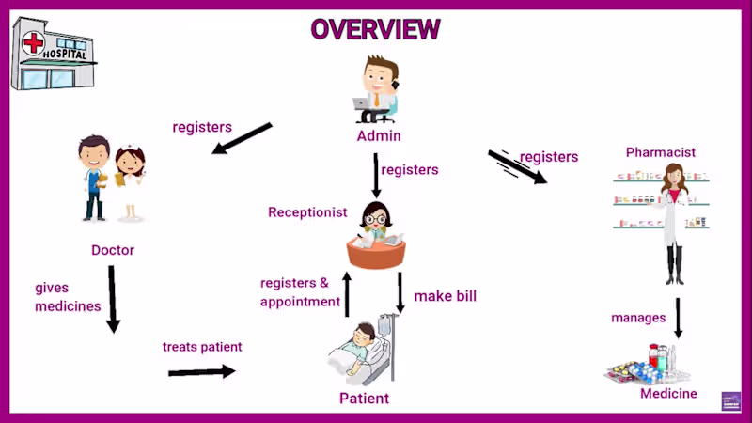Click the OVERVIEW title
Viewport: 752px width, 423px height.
click(375, 29)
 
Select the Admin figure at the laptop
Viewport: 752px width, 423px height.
click(378, 90)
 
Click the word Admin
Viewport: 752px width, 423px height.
click(379, 136)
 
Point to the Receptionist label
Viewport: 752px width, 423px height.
click(307, 212)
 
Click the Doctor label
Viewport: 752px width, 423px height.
click(113, 250)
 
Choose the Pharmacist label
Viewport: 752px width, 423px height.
click(661, 152)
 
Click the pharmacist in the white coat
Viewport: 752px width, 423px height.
click(674, 221)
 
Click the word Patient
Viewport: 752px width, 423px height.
click(364, 399)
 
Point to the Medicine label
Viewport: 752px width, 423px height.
click(668, 394)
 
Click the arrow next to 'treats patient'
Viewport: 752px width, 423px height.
click(201, 371)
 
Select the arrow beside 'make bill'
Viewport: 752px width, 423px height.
click(400, 292)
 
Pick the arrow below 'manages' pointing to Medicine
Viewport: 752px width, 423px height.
click(678, 318)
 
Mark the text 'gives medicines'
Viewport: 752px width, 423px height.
click(68, 297)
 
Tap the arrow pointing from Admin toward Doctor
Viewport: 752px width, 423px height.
click(242, 137)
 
